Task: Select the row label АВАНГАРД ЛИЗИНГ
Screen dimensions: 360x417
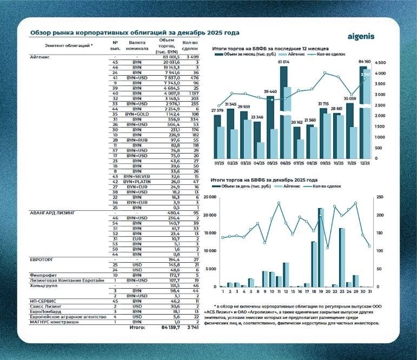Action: pyautogui.click(x=55, y=213)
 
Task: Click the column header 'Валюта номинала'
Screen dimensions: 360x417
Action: pyautogui.click(x=137, y=45)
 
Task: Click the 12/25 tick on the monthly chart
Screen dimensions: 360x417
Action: pyautogui.click(x=364, y=162)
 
